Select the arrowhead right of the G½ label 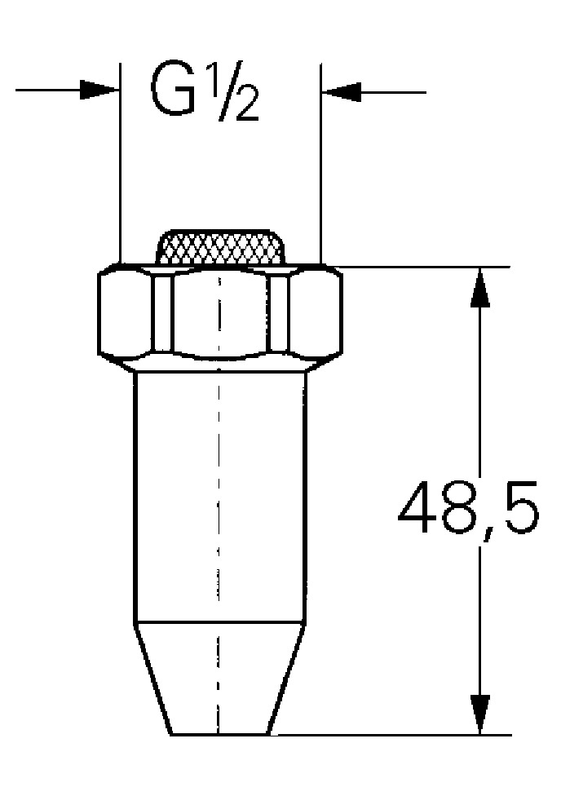(x=341, y=92)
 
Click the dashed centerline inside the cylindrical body (x=218, y=489)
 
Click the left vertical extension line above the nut (x=120, y=163)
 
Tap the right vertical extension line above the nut (x=320, y=163)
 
